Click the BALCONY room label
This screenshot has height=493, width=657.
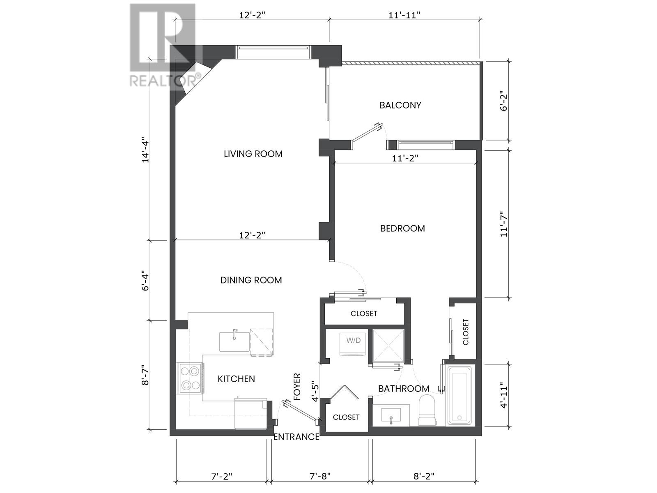[x=400, y=105]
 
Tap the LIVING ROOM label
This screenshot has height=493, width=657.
[x=253, y=154]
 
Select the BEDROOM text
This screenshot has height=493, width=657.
[x=402, y=228]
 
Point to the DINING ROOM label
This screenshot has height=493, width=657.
[x=251, y=280]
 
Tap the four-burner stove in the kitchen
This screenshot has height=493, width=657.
[x=190, y=378]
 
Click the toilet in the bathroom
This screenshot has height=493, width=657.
[x=427, y=410]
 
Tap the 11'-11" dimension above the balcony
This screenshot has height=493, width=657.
[x=404, y=15]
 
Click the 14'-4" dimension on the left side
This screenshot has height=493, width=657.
[x=146, y=150]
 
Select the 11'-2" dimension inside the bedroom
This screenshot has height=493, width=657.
[x=405, y=158]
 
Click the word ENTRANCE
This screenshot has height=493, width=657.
[x=296, y=437]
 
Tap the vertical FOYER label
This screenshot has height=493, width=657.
[x=297, y=387]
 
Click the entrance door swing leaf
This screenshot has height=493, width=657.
[x=300, y=412]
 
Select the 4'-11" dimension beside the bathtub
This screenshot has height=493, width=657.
[x=504, y=395]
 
